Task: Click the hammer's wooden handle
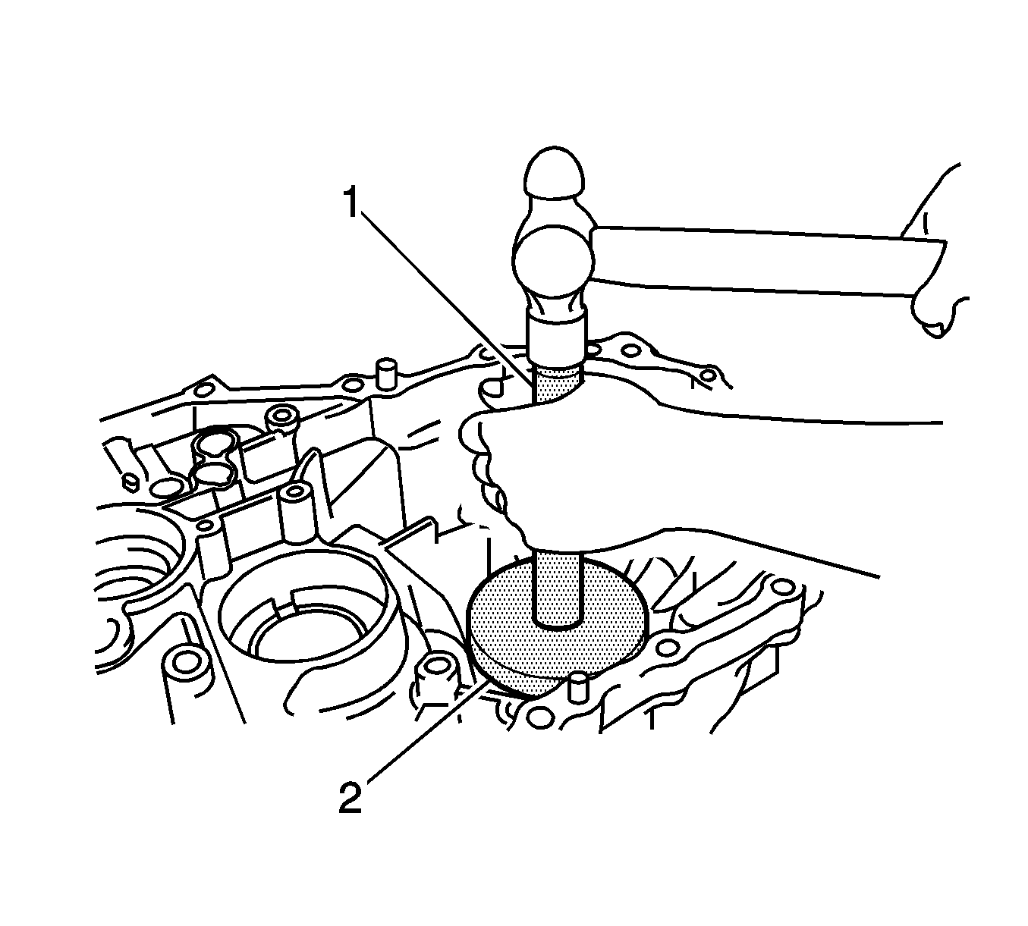pos(769,262)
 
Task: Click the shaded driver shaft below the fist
pos(558,589)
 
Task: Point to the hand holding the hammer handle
pos(932,256)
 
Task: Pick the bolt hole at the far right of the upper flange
pos(708,376)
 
